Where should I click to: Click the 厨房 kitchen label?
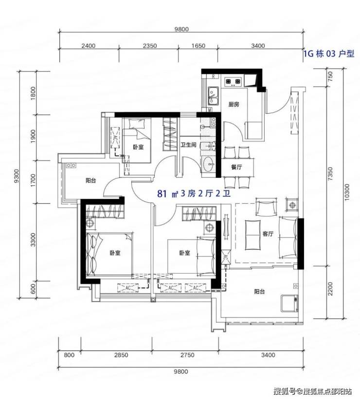click(234, 104)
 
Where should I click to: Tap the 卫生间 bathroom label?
click(189, 145)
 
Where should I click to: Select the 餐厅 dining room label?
click(236, 167)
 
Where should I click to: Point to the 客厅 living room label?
click(268, 234)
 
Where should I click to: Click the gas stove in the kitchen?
click(233, 82)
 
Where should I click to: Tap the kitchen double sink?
click(214, 96)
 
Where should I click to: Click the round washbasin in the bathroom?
click(209, 164)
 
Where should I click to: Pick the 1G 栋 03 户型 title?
click(329, 53)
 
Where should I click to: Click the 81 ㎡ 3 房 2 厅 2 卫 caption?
click(194, 194)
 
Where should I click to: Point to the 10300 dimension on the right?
click(347, 192)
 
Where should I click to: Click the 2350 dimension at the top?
click(150, 46)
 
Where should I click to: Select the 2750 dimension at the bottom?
click(187, 355)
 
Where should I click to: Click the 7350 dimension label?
click(330, 174)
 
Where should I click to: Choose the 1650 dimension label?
click(198, 46)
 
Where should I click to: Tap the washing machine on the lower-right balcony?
click(289, 303)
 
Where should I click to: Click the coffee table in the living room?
click(253, 235)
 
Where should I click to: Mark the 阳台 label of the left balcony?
click(90, 181)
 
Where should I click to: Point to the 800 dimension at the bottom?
click(69, 355)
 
